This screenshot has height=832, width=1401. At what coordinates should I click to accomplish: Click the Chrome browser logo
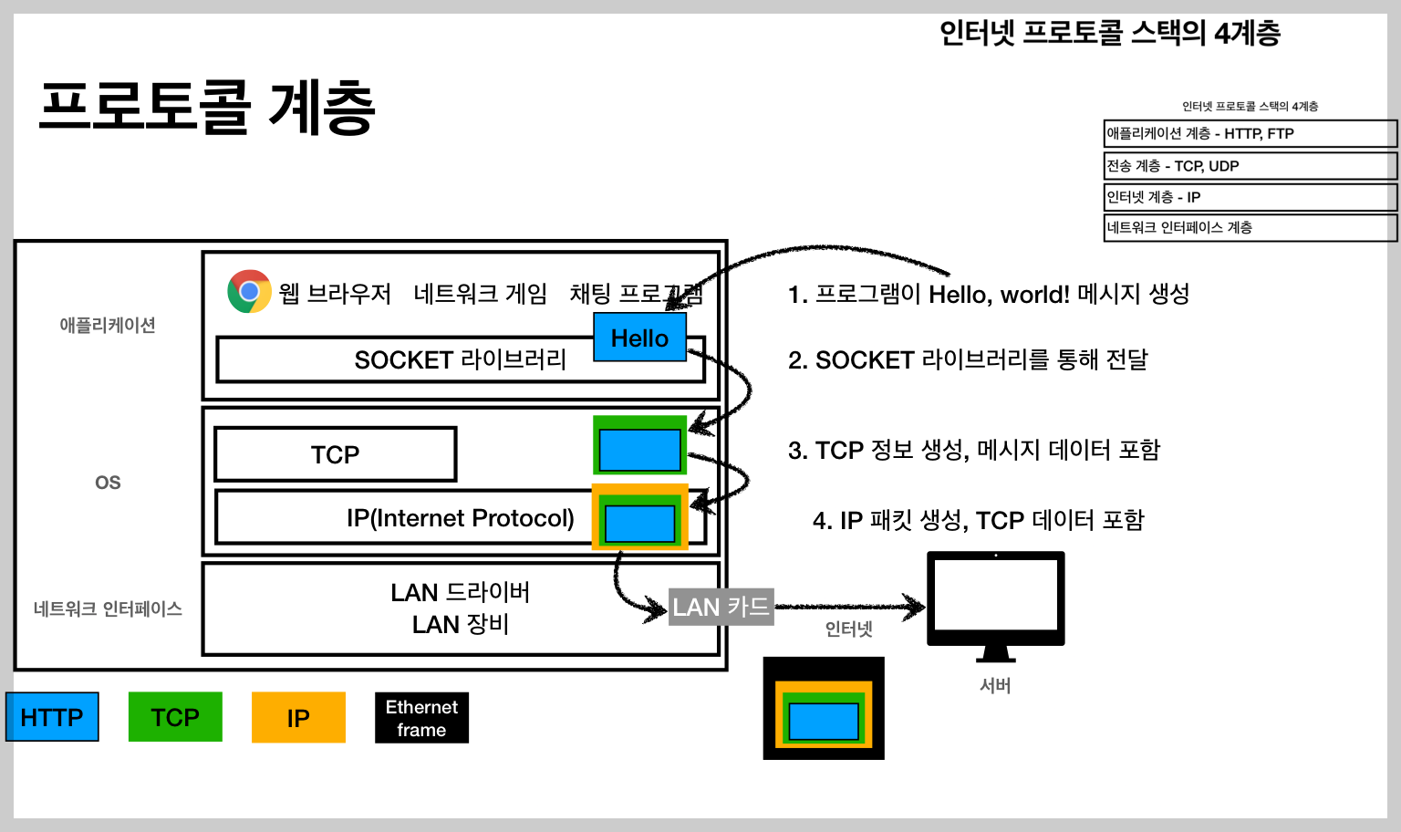coord(249,292)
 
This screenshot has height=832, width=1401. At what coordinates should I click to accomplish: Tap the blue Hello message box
coord(639,338)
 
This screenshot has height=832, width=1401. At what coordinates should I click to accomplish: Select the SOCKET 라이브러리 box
coord(410,360)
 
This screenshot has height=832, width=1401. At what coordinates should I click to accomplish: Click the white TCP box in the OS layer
coord(335,454)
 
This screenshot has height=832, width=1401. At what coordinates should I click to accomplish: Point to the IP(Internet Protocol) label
coord(460,518)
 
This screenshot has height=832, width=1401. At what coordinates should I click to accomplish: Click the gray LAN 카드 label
coord(721,607)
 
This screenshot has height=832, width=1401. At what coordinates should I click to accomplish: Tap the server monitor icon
coord(995,602)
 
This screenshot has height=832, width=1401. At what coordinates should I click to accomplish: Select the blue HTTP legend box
coord(52,717)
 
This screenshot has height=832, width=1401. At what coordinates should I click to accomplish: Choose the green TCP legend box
coord(175,717)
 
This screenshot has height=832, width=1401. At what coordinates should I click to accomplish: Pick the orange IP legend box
coord(298,718)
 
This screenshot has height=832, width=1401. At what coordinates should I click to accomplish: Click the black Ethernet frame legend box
coord(421,718)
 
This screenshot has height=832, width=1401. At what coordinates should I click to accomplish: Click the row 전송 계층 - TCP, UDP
coord(1250,166)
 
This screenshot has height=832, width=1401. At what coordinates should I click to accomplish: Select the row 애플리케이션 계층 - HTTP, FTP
coord(1250,133)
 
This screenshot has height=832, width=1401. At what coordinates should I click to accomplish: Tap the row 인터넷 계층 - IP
coord(1250,197)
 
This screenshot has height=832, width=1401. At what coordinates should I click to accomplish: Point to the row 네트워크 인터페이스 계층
coord(1250,227)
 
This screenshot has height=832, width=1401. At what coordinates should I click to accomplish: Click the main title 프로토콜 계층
coord(207,108)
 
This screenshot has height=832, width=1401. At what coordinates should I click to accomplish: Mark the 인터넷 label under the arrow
coord(848,629)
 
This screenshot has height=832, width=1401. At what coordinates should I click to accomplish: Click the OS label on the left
coord(108,483)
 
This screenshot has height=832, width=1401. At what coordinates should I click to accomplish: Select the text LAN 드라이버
coord(460,593)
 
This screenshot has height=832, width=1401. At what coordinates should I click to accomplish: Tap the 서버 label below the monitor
coord(995,685)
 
